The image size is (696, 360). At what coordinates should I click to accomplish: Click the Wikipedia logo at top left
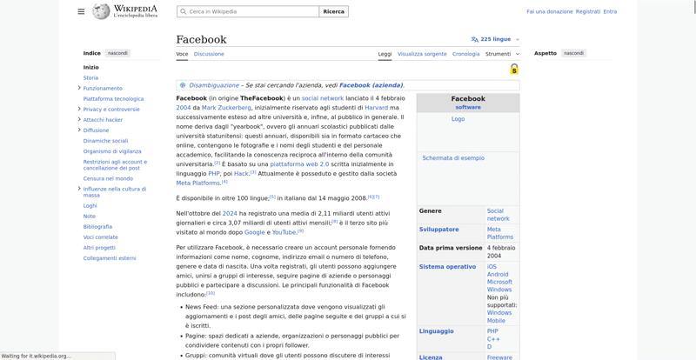click(122, 11)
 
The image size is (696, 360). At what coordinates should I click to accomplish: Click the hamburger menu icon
click(81, 11)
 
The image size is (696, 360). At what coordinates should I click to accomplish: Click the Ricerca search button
click(333, 12)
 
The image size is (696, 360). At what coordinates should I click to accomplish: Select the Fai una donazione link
click(550, 12)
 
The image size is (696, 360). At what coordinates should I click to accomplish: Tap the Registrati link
click(588, 12)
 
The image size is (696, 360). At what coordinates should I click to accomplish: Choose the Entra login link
click(610, 12)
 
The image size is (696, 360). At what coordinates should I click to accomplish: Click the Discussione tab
click(209, 54)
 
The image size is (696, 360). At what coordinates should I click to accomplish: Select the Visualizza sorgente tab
click(422, 54)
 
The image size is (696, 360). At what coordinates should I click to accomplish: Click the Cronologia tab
click(466, 54)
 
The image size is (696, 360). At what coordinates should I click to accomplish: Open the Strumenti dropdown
click(501, 54)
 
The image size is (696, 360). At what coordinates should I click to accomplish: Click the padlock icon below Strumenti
click(514, 69)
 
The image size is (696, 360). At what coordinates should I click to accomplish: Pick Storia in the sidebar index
click(90, 77)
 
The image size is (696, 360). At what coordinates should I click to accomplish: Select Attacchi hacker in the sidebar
click(103, 119)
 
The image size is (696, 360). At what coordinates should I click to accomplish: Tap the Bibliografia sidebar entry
click(97, 226)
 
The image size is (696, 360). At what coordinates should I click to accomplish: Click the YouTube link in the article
click(284, 232)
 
